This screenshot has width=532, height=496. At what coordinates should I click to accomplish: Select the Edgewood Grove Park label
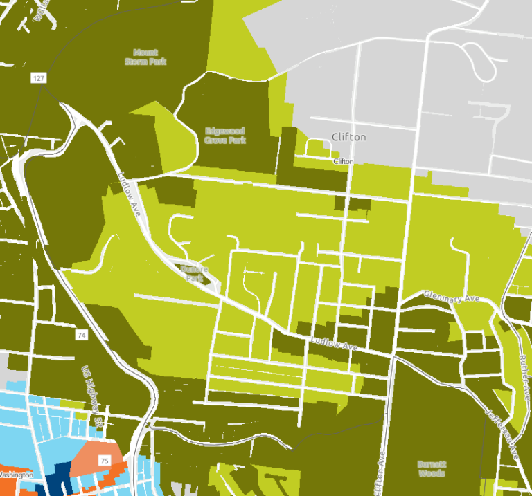(x=226, y=135)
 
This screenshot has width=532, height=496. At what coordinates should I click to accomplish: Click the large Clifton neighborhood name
(x=348, y=137)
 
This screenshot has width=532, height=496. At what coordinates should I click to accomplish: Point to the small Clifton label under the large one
(x=344, y=161)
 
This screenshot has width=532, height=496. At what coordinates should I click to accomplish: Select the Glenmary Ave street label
(x=451, y=296)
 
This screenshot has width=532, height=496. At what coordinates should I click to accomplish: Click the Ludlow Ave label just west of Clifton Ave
(x=335, y=342)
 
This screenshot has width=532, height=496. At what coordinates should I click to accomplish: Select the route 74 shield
(x=82, y=335)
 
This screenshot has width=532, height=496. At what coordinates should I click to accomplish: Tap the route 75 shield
(x=105, y=460)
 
